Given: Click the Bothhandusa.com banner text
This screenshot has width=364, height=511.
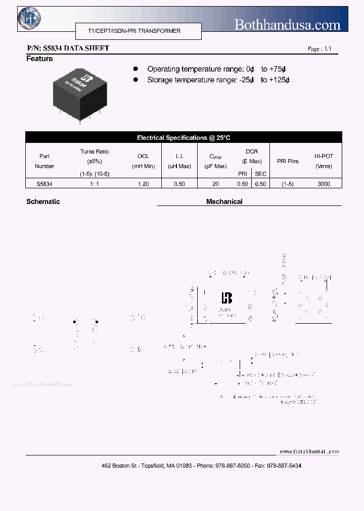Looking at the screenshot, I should coord(287,24).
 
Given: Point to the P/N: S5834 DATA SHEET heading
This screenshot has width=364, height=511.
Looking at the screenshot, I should coord(68,48).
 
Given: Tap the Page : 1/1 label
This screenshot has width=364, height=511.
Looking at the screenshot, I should coord(320,49).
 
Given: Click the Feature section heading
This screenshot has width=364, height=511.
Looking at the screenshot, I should coord(39,59).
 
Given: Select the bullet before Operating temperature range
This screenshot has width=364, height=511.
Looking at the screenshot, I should coord(135,69).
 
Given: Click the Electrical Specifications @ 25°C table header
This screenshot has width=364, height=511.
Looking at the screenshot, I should coord(184,138).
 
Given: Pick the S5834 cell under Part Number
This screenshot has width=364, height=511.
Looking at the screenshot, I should coord(44,184).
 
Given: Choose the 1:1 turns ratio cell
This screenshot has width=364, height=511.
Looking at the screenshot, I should coord(94,184).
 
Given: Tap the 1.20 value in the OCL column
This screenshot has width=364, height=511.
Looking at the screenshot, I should coord(143,184).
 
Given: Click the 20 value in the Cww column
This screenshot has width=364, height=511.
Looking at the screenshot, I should coord(215,184).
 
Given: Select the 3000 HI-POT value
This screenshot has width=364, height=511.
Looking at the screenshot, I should coord(324,184).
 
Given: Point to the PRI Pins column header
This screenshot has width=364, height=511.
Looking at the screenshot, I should coord(288,161).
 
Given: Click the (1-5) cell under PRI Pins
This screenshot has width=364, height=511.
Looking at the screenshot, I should coord(288,184).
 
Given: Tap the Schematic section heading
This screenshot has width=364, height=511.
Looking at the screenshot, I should coord(43,201).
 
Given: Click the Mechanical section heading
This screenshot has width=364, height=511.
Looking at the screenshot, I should coord(224,201).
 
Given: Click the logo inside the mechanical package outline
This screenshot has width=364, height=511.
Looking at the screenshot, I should coord(226,298).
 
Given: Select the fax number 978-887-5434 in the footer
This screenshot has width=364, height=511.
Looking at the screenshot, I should coord(284,466).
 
